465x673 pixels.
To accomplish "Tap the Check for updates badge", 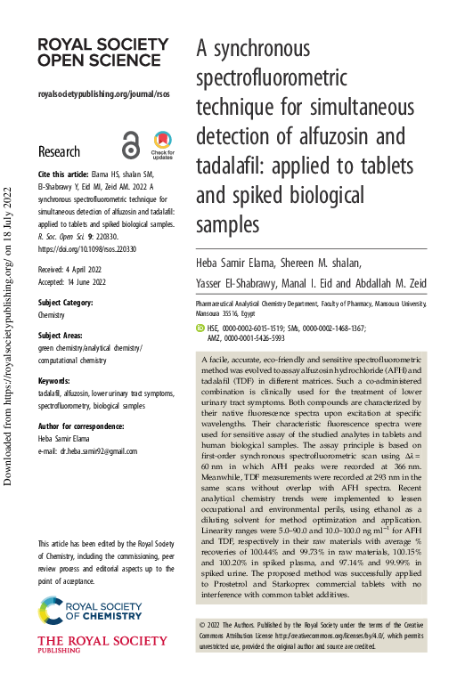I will click(x=162, y=143).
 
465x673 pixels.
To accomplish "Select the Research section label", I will click(x=60, y=151).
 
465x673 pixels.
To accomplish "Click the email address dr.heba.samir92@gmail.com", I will click(x=93, y=453).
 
